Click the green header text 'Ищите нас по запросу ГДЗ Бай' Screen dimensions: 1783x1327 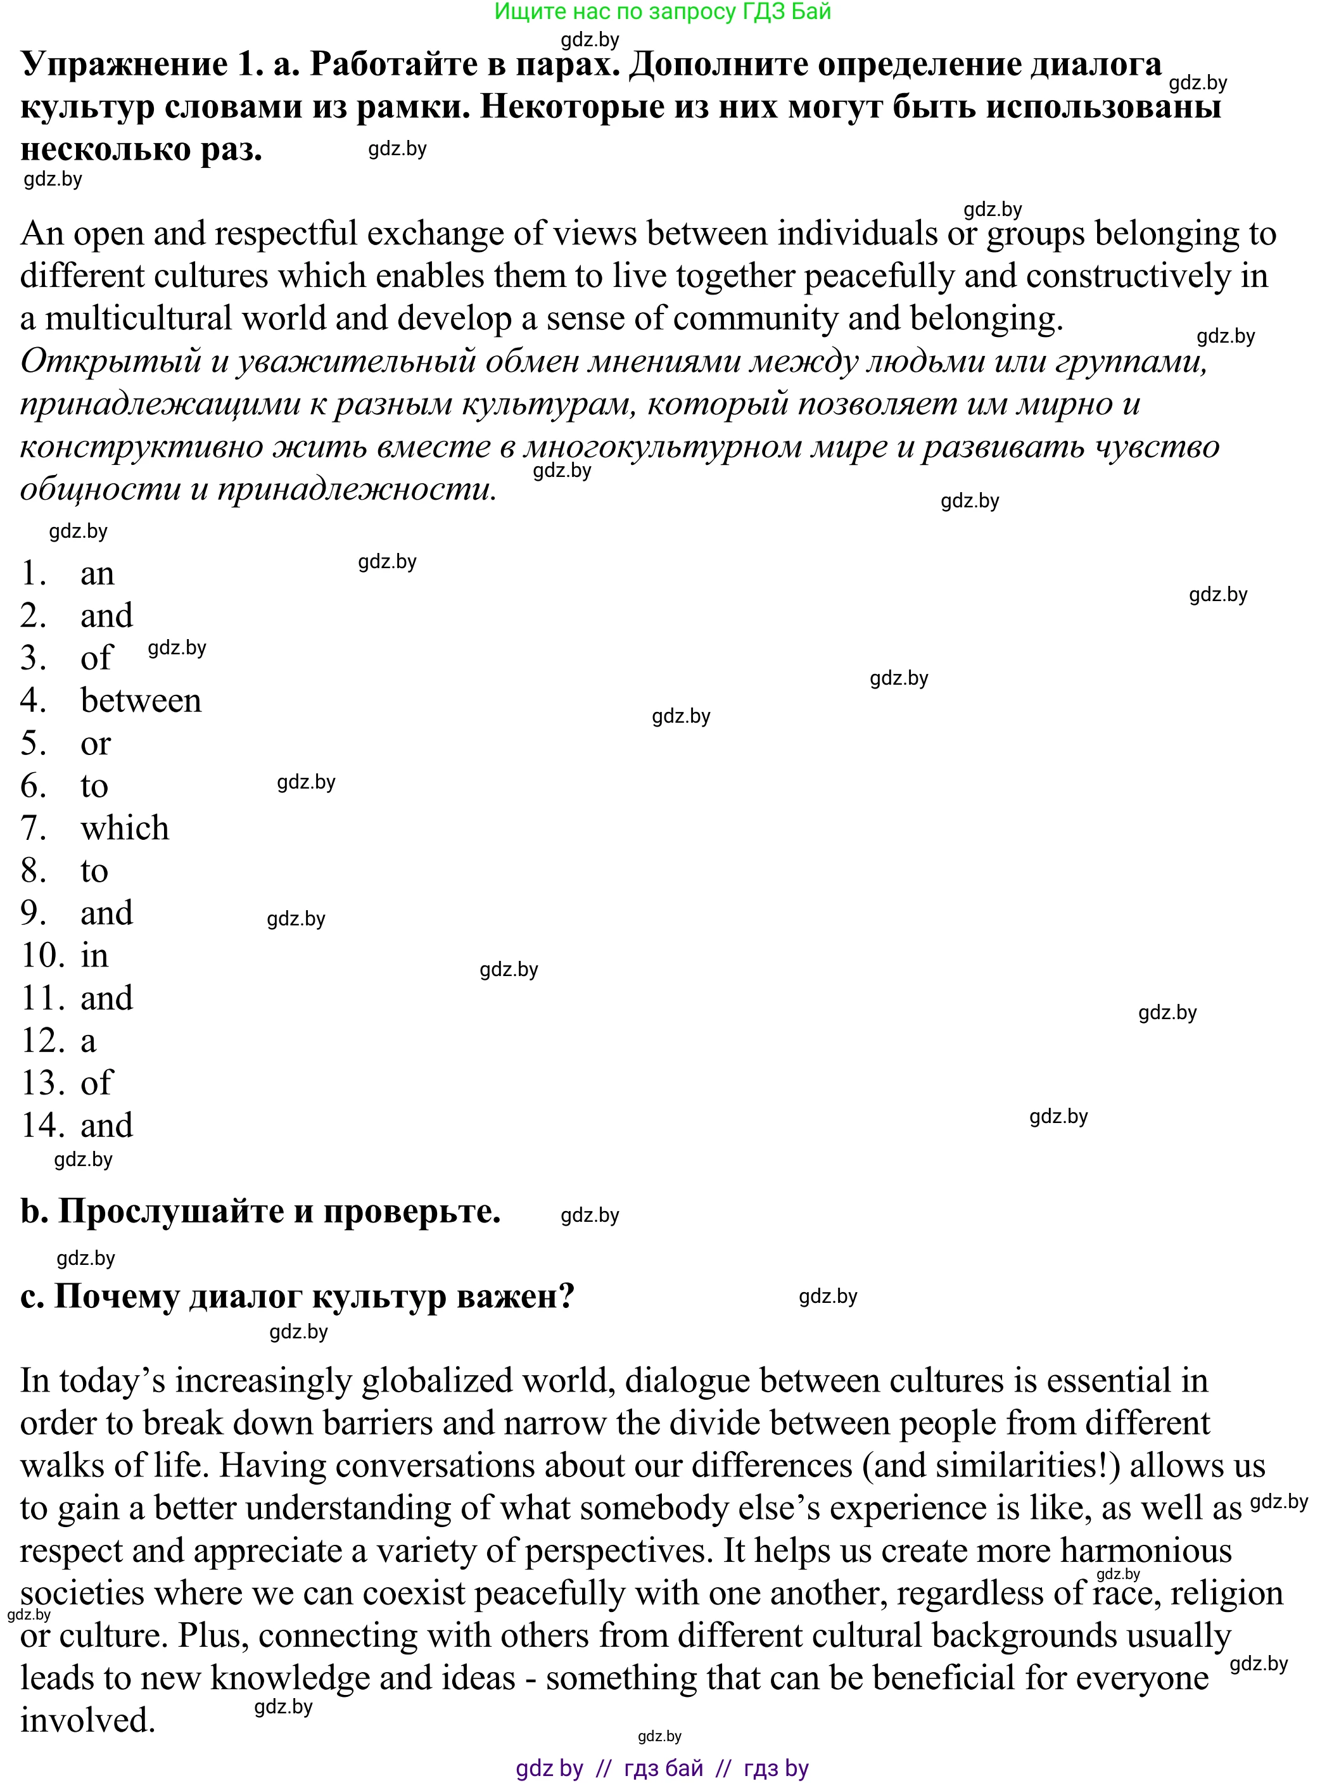click(x=662, y=12)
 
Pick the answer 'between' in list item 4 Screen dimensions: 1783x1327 click(x=141, y=701)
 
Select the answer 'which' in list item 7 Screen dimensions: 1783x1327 click(x=125, y=828)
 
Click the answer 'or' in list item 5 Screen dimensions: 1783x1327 click(x=95, y=743)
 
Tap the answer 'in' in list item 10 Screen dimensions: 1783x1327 click(x=94, y=955)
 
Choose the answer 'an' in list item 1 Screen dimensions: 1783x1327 click(x=97, y=573)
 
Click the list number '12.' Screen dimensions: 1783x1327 click(x=42, y=1040)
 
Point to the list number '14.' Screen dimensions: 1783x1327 click(x=42, y=1125)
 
